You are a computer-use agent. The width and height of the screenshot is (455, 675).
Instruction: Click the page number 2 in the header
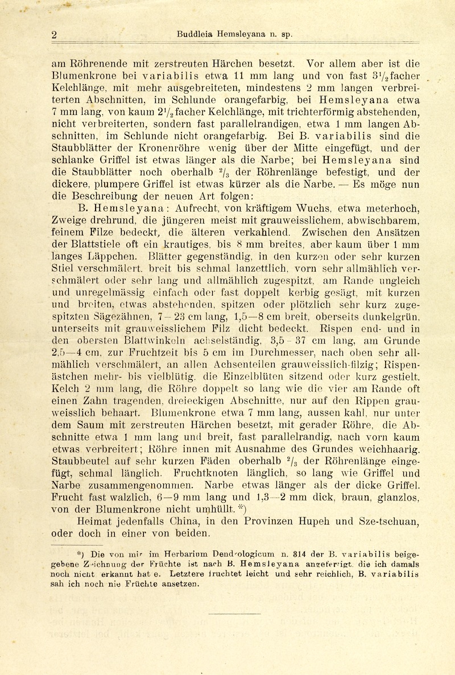point(54,35)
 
